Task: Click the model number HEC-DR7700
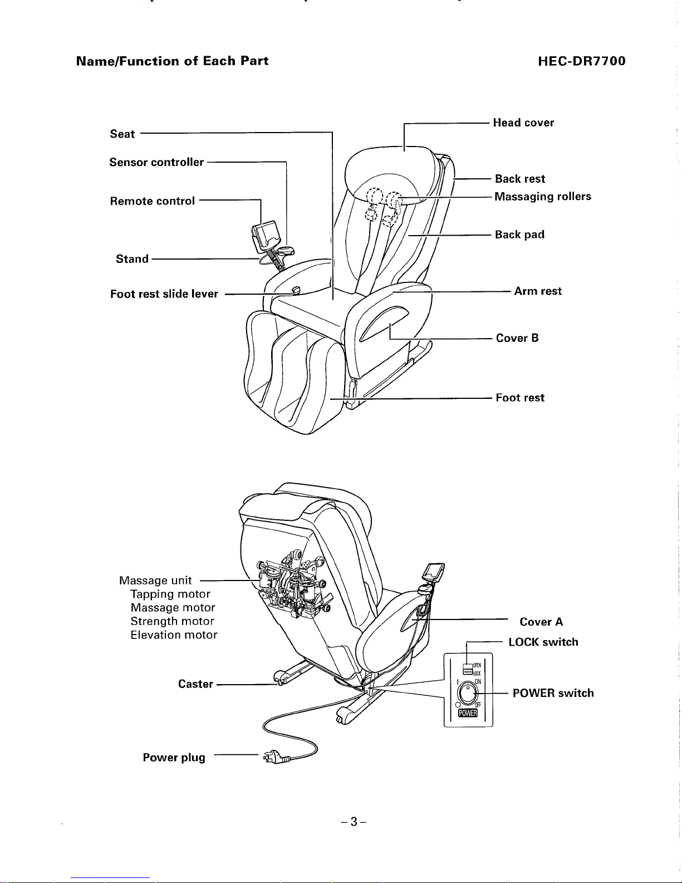click(582, 61)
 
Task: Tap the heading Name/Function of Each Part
click(172, 61)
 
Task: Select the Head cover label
click(523, 123)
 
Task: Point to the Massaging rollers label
click(543, 197)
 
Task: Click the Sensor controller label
click(156, 162)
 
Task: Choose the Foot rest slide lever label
click(164, 294)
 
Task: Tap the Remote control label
click(153, 201)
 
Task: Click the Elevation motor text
click(174, 635)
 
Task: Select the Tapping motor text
click(170, 594)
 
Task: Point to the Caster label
click(195, 684)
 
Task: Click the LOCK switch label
click(543, 642)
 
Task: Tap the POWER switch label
click(553, 693)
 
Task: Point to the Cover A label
click(541, 622)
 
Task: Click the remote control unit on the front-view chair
click(265, 234)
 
